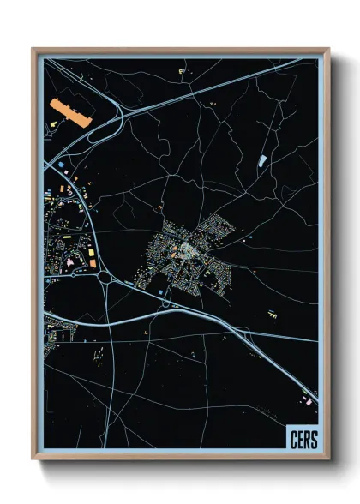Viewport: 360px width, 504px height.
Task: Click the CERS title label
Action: point(303,440)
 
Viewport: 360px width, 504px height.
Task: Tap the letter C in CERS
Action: point(294,440)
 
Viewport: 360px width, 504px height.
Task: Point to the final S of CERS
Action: point(313,440)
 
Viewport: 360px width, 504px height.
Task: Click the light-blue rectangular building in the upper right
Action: point(262,160)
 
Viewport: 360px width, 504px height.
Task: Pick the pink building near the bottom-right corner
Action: point(307,400)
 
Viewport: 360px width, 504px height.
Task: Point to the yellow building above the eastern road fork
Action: point(273,314)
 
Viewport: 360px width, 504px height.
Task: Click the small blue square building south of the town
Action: point(159,292)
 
